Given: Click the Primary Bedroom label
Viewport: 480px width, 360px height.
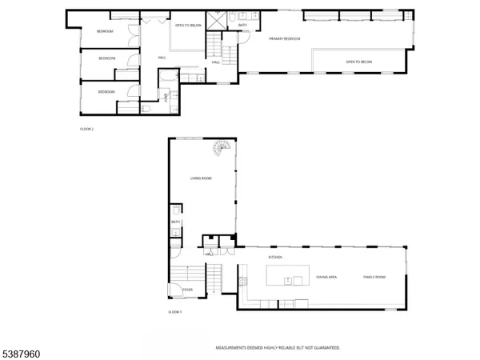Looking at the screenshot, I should (284, 38).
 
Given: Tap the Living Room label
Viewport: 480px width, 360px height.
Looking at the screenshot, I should (200, 178).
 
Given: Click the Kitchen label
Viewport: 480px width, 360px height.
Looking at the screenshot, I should (276, 258).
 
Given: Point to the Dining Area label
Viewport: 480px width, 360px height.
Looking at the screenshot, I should (326, 277).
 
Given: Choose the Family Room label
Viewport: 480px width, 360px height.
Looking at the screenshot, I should (375, 277).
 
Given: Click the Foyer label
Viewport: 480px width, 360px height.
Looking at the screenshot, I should (188, 290).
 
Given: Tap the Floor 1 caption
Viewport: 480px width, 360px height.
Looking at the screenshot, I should (175, 312).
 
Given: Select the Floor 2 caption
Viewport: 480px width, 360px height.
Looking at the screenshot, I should (87, 128).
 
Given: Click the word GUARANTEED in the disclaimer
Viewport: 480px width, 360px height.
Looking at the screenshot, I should (326, 347).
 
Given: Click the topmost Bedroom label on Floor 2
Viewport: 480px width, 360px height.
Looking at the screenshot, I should (106, 31).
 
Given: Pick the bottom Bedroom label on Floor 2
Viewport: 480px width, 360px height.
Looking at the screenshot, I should (106, 92).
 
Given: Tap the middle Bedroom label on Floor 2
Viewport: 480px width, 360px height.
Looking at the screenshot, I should (107, 58).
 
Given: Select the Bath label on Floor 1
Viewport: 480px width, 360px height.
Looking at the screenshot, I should (175, 223).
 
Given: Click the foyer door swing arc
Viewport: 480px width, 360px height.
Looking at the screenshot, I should (174, 290).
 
